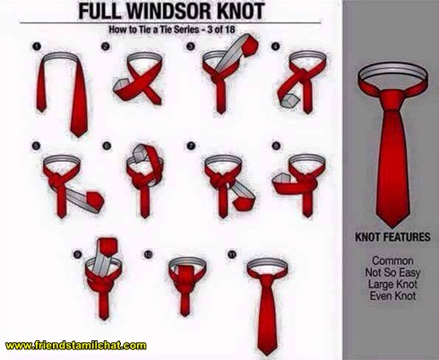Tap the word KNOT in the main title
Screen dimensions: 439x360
(x=241, y=11)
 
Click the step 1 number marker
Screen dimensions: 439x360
(x=37, y=47)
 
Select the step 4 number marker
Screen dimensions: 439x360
(x=276, y=47)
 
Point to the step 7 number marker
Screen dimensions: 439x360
(x=191, y=146)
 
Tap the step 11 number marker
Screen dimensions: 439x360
(x=232, y=254)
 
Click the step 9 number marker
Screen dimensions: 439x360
(x=77, y=254)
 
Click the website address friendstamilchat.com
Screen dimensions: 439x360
(x=76, y=346)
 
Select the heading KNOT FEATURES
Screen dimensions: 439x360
(x=392, y=237)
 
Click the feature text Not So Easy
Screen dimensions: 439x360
(x=392, y=272)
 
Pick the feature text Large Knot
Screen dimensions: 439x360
(x=392, y=284)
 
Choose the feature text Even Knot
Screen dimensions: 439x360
(x=392, y=296)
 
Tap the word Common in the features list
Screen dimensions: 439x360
(x=392, y=261)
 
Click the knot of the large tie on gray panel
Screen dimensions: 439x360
(x=392, y=100)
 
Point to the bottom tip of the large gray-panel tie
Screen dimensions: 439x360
(x=392, y=227)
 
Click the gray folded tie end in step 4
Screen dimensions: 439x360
(x=289, y=101)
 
